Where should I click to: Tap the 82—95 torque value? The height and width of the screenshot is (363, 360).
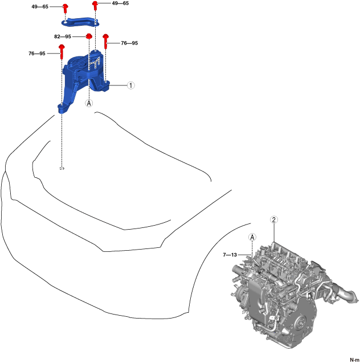point(63,36)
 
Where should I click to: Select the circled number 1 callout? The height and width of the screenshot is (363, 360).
point(130,85)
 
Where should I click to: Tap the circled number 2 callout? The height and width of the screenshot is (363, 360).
point(274,220)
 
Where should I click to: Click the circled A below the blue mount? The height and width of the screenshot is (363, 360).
point(89,103)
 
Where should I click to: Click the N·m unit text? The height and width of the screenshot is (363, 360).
point(351,357)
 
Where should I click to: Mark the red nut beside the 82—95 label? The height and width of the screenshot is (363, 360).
point(89,37)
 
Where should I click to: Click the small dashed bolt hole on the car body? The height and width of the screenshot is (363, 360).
point(62,168)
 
